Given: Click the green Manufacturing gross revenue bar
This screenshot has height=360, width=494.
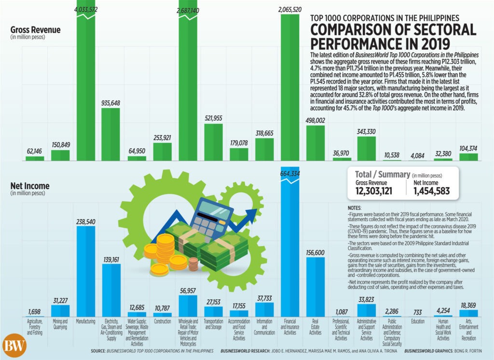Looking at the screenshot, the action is (x=86, y=81).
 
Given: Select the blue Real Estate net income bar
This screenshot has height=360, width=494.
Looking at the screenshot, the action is (x=316, y=287).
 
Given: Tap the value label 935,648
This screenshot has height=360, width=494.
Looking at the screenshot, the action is (x=110, y=103).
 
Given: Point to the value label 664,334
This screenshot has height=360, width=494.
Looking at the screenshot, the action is (x=290, y=174).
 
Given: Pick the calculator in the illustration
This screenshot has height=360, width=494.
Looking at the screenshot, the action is (x=211, y=218).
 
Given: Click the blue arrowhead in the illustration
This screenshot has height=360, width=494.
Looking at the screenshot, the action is (x=251, y=216).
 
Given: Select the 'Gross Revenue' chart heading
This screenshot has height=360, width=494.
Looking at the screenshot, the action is (x=35, y=30).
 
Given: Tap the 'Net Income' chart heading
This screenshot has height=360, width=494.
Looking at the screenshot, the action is (x=30, y=186).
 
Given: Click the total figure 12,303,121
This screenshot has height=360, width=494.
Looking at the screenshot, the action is (x=374, y=191).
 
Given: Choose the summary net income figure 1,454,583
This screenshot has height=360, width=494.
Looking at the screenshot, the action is (x=432, y=191).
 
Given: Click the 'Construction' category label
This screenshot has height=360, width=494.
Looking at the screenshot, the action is (x=163, y=321).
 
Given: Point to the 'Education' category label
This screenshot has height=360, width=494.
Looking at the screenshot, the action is (x=418, y=321).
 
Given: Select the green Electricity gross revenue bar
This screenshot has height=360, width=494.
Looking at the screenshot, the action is (x=110, y=135).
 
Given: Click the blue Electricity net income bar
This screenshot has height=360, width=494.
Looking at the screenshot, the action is (x=111, y=291).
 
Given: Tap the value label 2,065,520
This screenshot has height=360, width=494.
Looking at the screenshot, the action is (x=290, y=10).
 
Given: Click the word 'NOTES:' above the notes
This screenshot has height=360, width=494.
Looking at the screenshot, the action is (x=355, y=208).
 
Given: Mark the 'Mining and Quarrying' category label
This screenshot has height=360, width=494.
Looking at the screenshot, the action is (x=60, y=324).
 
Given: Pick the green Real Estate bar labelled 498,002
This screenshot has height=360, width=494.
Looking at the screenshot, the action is (x=316, y=143).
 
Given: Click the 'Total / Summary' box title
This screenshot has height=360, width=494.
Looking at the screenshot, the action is (x=383, y=174).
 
